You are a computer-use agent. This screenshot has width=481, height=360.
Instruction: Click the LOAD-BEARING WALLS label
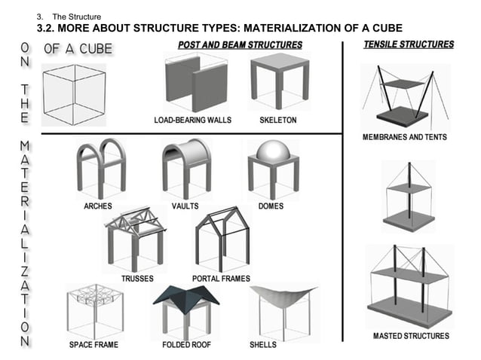pyautogui.click(x=192, y=120)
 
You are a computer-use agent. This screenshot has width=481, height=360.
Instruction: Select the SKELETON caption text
pyautogui.click(x=277, y=120)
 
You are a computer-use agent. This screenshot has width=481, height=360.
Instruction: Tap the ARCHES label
pyautogui.click(x=97, y=206)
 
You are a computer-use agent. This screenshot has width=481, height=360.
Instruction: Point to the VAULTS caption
pyautogui.click(x=185, y=206)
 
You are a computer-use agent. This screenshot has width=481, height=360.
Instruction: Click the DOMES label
pyautogui.click(x=271, y=206)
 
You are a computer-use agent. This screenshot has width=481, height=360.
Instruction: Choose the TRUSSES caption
pyautogui.click(x=136, y=278)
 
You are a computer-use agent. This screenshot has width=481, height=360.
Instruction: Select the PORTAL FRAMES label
pyautogui.click(x=221, y=278)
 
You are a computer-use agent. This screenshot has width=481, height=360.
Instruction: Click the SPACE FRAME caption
pyautogui.click(x=93, y=345)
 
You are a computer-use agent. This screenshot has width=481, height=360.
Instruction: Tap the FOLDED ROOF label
pyautogui.click(x=187, y=345)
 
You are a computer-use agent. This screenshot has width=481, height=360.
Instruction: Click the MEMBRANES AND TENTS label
pyautogui.click(x=404, y=137)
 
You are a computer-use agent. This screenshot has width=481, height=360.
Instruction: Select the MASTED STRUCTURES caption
pyautogui.click(x=411, y=336)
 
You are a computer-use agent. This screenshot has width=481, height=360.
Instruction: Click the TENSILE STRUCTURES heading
pyautogui.click(x=409, y=44)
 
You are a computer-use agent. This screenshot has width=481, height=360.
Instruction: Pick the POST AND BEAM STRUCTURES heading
pyautogui.click(x=240, y=45)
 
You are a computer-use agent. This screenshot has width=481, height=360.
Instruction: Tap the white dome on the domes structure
pyautogui.click(x=273, y=150)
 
